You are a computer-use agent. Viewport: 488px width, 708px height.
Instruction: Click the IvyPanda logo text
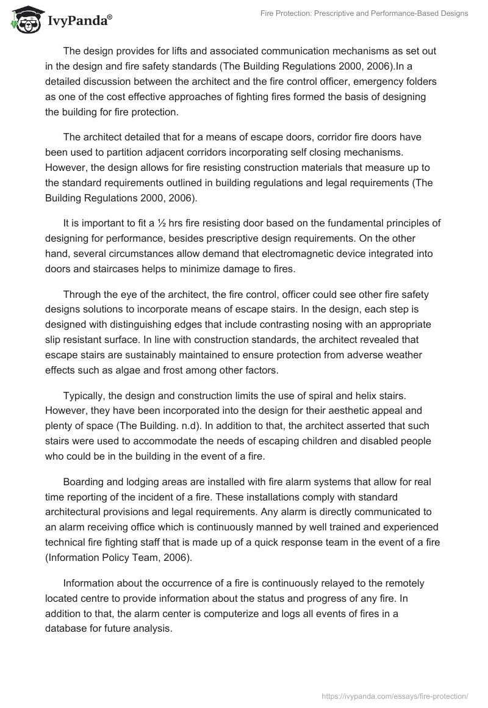(79, 21)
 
